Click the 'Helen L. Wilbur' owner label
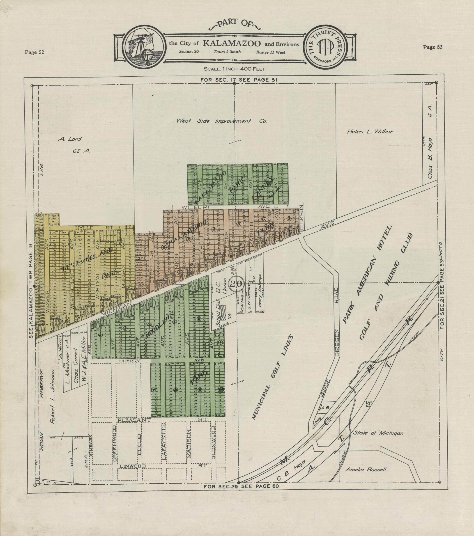[x=370, y=132]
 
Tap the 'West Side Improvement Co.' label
[x=221, y=121]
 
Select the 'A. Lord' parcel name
[x=69, y=139]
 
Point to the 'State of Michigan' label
[x=378, y=433]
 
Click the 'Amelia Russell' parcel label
[x=365, y=469]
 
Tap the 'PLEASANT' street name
[x=130, y=420]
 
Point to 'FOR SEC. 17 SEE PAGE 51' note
[x=239, y=80]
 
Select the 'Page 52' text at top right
[x=433, y=47]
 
